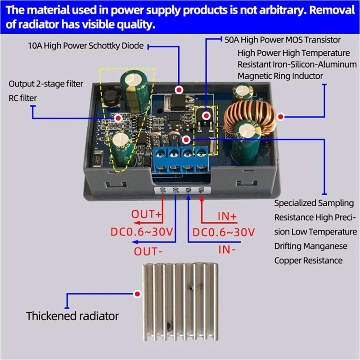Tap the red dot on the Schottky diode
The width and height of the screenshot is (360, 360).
pos(179,90)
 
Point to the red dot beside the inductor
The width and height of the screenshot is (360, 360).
pos(281,117)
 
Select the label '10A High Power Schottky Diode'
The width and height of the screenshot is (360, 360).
pos(85,45)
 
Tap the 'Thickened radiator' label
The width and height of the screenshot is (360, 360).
pos(72,316)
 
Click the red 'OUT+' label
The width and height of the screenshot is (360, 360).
pos(147,214)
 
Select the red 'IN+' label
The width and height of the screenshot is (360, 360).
pos(227,216)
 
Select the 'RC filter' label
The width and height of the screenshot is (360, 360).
pos(23,98)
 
